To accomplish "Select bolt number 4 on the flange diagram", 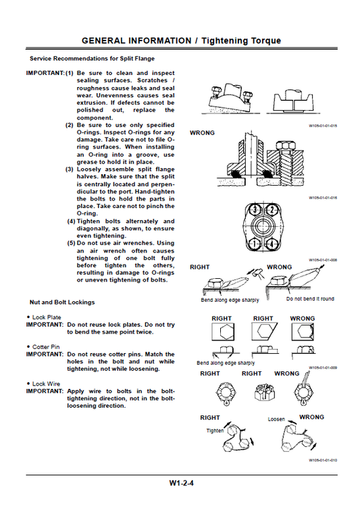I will click(x=272, y=243).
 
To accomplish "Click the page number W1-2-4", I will click(x=182, y=483).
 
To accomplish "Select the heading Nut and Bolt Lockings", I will click(x=62, y=302).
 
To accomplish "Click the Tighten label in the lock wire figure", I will click(x=215, y=429).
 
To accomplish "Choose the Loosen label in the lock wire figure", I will click(x=276, y=419).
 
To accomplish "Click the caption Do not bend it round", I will click(x=310, y=298).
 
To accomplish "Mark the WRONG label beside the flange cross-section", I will click(x=202, y=133).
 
